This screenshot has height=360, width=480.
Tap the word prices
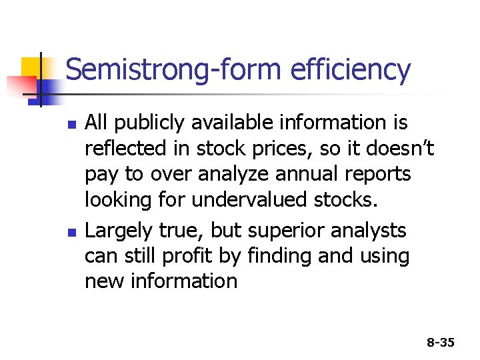(301, 149)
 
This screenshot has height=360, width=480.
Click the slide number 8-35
(441, 343)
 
